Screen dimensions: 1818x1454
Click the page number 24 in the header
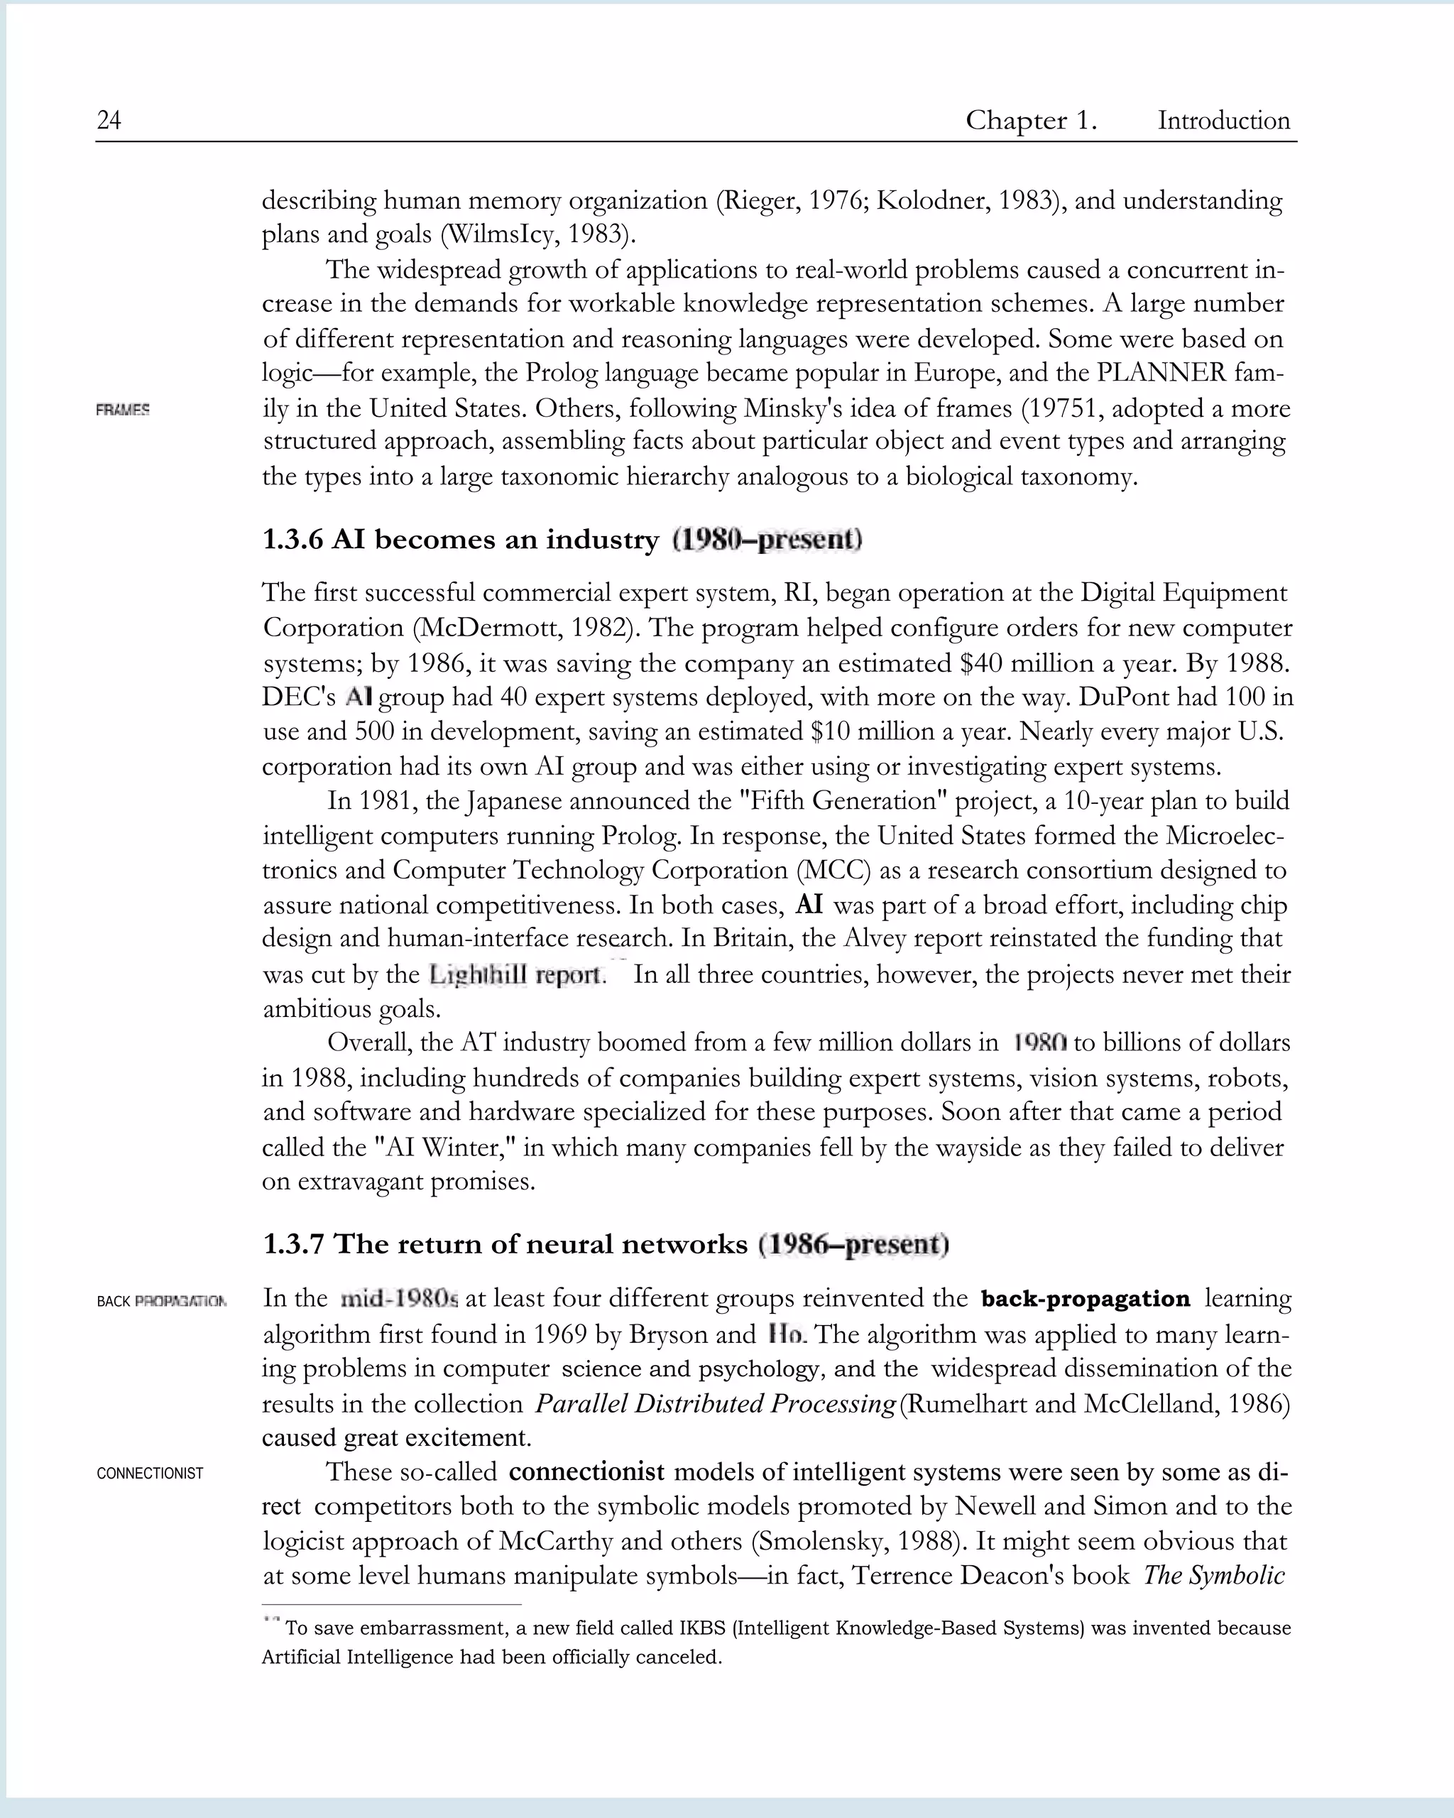point(109,121)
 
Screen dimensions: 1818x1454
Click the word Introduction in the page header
point(1223,121)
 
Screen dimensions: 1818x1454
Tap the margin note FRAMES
point(123,410)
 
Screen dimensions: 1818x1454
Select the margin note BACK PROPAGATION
point(161,1301)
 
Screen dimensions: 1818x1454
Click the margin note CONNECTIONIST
point(150,1473)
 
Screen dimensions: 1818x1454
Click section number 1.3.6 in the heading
point(293,540)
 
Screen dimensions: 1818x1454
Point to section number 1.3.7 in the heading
point(293,1243)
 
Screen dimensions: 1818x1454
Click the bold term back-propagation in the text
point(1085,1299)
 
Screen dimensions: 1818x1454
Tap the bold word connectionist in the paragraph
point(586,1472)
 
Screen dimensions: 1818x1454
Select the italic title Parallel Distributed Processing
point(715,1403)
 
